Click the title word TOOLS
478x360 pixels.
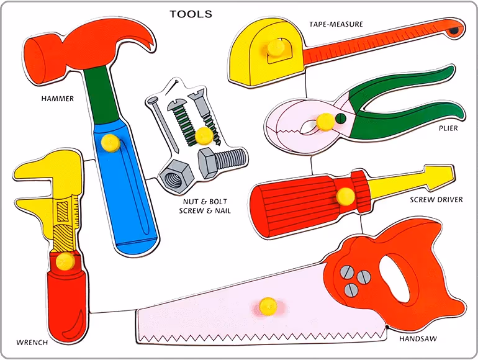[191, 14]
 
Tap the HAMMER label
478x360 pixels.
[57, 99]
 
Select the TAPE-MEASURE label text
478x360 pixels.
[336, 24]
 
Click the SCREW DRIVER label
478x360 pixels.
[436, 200]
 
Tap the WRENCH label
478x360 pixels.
[32, 341]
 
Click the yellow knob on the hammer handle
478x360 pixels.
[110, 142]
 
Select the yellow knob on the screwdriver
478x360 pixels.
[345, 196]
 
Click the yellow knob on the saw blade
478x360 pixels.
[268, 304]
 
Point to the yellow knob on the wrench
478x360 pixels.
[64, 261]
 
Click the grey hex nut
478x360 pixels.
[174, 176]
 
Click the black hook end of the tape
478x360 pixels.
[455, 29]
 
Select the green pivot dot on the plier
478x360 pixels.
[340, 118]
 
